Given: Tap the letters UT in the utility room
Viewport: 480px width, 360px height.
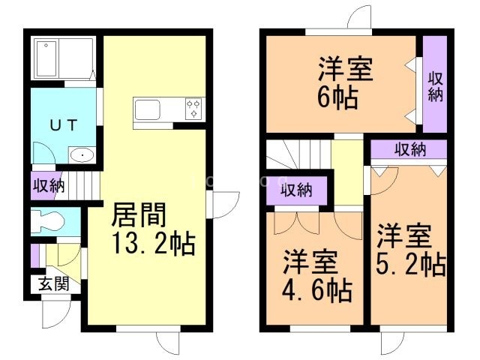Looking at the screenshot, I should pos(63,125).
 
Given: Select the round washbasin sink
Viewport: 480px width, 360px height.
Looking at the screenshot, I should pos(80,156).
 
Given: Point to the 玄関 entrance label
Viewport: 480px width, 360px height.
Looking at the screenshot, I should pos(51,284).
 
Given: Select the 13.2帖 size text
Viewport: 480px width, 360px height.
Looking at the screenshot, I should pos(153,244).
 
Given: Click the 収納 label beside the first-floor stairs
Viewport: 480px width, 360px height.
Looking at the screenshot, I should pos(47,185).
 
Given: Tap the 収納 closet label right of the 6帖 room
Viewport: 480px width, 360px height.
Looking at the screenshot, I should pos(436,85).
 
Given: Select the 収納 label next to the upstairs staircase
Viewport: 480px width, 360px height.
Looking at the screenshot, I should pos(298,190).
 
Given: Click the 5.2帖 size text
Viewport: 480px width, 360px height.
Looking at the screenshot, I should pos(410,265).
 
